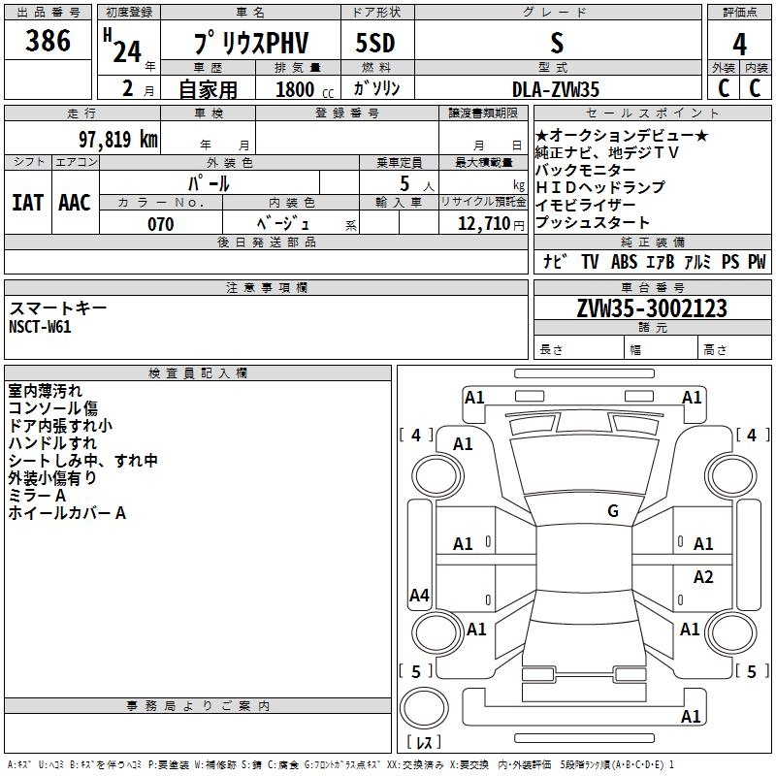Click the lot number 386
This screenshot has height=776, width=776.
point(48,41)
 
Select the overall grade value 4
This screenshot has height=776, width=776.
point(739,45)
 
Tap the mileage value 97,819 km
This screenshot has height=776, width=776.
point(118,139)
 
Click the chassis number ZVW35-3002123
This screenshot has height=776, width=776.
point(652,308)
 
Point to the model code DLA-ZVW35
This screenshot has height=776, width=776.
point(555,89)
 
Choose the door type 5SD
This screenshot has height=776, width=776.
point(375,43)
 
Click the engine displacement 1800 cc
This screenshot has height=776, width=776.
point(305,89)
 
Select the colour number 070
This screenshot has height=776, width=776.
point(161,224)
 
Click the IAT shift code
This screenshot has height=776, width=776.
point(28,203)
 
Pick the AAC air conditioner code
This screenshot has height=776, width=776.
point(75,203)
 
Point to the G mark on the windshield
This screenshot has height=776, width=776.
point(613,510)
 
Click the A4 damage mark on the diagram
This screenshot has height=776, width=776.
point(419,595)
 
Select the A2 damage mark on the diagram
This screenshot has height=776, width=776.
point(703,576)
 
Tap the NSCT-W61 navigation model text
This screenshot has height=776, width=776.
point(40,327)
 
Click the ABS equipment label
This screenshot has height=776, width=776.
point(624,261)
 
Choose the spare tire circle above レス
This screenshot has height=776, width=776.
point(424,708)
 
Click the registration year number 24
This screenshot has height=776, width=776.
point(127,51)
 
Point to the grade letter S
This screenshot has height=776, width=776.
point(557,43)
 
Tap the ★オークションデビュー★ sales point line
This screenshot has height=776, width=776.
point(622,135)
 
